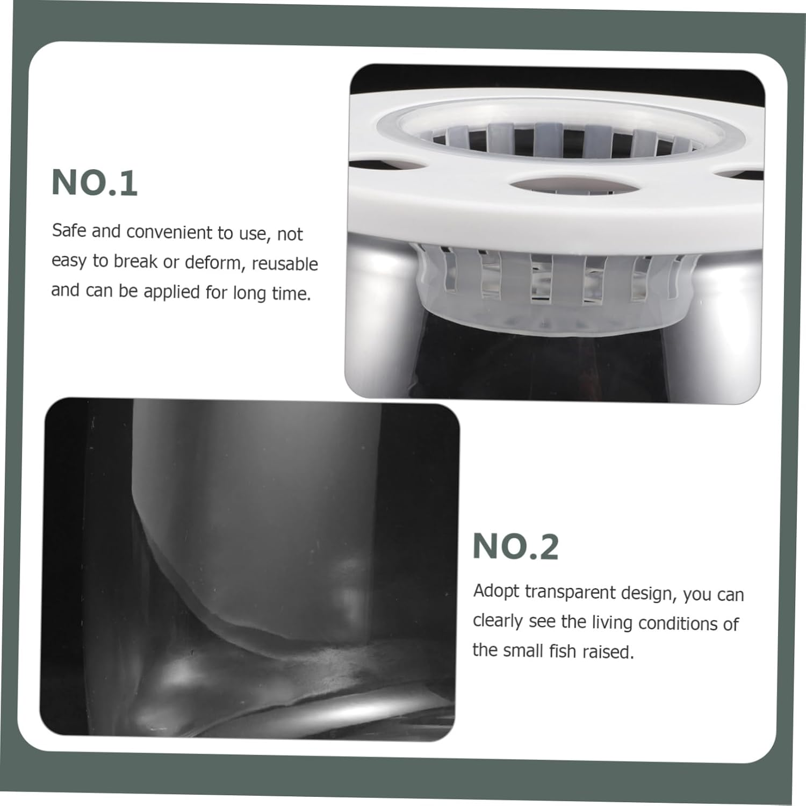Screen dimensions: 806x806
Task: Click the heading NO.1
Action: (95, 183)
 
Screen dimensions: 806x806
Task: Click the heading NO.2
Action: (516, 546)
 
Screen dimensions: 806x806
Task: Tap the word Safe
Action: (69, 231)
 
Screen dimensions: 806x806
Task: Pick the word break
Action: (135, 261)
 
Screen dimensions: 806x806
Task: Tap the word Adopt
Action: (496, 592)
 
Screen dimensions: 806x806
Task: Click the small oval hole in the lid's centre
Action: (574, 187)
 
